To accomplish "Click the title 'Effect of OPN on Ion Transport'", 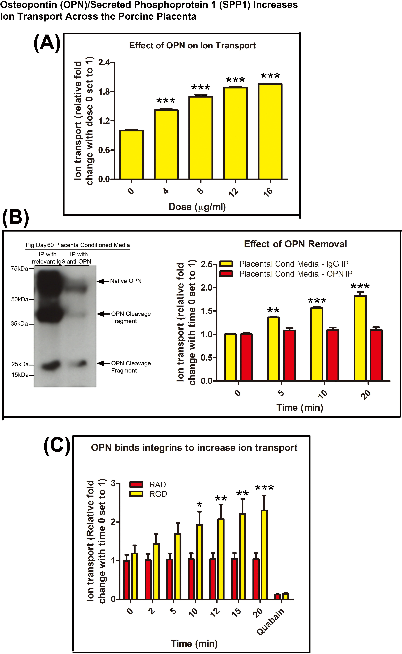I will coord(192,46).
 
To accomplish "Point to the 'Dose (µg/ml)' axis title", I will coord(197,207).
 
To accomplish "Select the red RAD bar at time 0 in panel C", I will coord(127,580).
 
